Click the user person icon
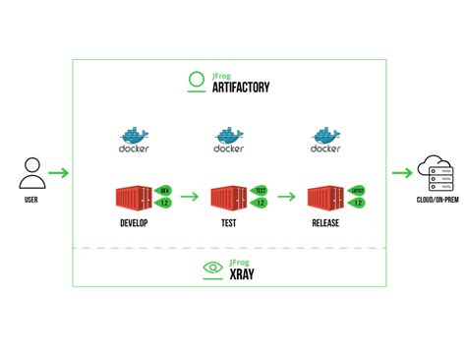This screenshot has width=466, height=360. (32, 175)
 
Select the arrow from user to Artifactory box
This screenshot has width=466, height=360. (58, 175)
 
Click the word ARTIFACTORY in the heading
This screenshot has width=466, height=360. (240, 89)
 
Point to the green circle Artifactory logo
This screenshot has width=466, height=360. (195, 83)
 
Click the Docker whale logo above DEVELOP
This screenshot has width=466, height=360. (133, 140)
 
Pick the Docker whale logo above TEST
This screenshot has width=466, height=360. (228, 140)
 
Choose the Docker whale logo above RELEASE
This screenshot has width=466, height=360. (324, 140)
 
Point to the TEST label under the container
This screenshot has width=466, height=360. (228, 223)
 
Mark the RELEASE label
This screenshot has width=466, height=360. (325, 223)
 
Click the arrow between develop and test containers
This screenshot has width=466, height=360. (190, 197)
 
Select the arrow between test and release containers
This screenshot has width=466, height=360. (286, 197)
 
